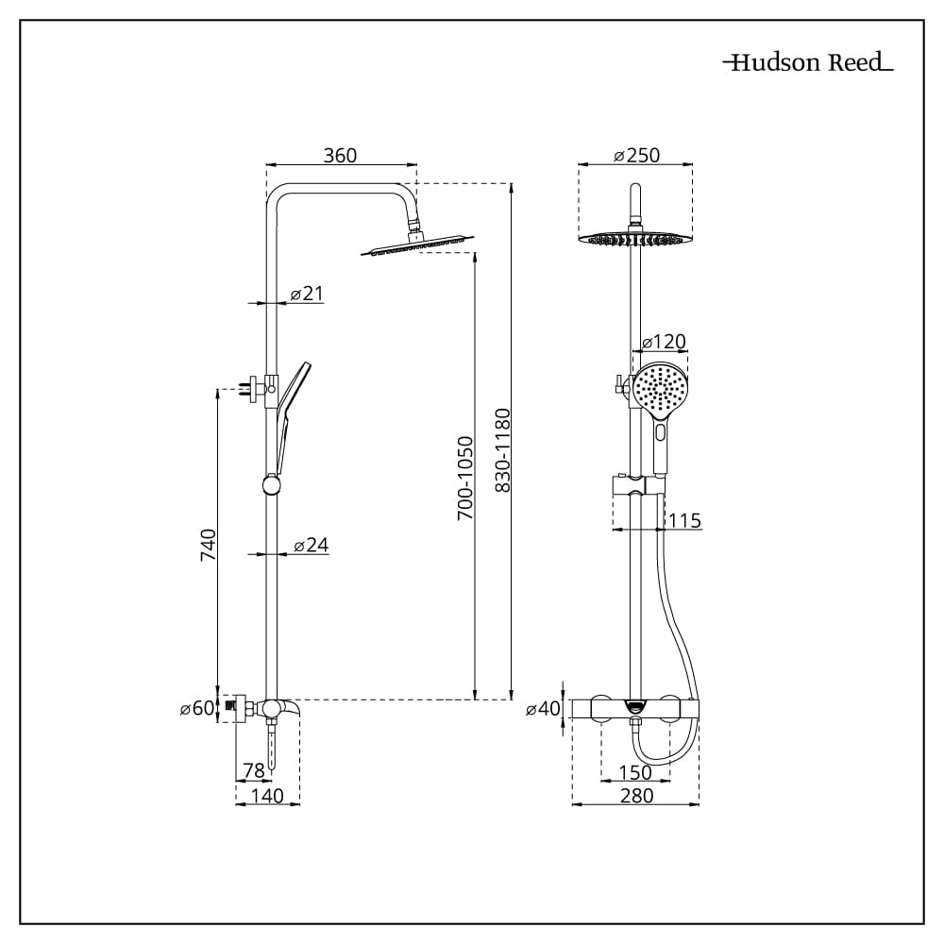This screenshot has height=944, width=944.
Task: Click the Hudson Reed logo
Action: (x=808, y=62)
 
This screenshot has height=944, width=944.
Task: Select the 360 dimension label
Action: (x=340, y=156)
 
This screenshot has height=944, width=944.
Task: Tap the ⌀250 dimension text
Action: (x=636, y=156)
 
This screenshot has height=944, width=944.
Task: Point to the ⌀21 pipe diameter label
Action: (x=307, y=294)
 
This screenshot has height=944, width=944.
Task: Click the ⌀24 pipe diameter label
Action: (x=312, y=545)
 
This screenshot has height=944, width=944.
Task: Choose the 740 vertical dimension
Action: (x=209, y=545)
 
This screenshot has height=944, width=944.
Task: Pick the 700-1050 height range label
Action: (x=465, y=479)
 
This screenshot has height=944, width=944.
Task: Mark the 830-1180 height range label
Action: (x=503, y=450)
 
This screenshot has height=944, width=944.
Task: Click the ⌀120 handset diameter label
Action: (x=664, y=342)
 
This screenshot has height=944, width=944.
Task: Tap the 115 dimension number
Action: (x=684, y=520)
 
